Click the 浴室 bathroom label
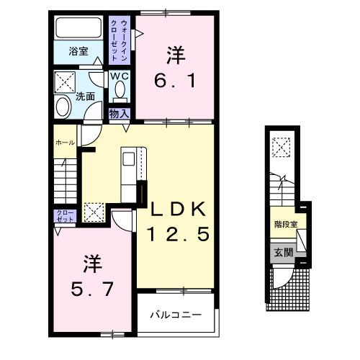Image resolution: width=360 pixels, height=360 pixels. pos(78,52)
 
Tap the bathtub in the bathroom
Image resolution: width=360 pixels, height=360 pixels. pos(78,30)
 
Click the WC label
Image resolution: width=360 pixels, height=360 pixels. pos(119,76)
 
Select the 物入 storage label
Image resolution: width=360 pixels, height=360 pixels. pos(118,114)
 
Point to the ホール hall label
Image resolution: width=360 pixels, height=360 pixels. pos(65,143)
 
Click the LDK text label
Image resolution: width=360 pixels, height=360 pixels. pos(179,210)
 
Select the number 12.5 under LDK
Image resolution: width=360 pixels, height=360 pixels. pos(179,233)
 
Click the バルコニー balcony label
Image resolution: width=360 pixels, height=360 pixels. pos(174,315)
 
